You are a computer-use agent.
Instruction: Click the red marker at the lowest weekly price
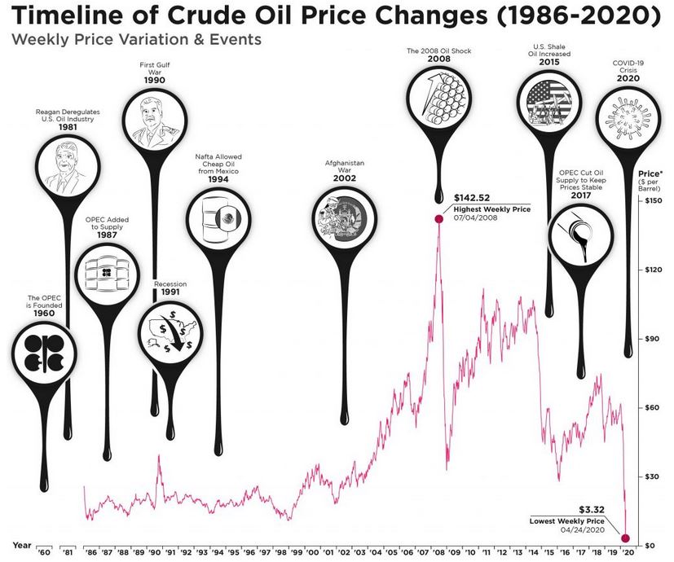(x=626, y=538)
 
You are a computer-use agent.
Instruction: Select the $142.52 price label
(x=473, y=197)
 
